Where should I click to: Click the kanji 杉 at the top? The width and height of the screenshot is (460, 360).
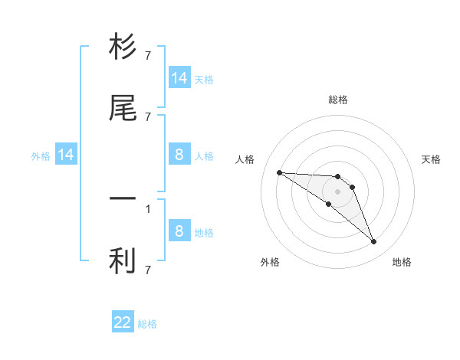click(x=123, y=47)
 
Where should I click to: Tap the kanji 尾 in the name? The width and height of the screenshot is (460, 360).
click(x=123, y=109)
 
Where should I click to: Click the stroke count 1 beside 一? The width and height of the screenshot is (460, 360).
click(x=148, y=208)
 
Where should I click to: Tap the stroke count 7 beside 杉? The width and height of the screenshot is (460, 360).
click(x=148, y=55)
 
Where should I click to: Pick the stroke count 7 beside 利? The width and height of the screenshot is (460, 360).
click(x=148, y=270)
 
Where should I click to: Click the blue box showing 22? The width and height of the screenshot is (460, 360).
click(x=123, y=322)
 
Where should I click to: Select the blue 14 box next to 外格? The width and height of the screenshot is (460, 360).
click(x=66, y=155)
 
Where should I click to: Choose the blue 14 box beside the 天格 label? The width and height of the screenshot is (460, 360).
click(x=179, y=78)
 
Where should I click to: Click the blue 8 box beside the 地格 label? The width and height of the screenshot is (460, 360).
click(x=179, y=231)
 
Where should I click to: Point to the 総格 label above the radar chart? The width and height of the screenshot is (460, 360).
click(x=338, y=100)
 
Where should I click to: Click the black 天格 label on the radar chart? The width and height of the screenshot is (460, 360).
click(x=432, y=159)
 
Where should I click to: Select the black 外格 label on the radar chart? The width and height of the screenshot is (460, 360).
click(x=270, y=263)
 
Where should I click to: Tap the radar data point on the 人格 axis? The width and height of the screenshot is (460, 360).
click(x=279, y=172)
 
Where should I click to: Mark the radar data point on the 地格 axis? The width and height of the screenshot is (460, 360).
click(x=373, y=242)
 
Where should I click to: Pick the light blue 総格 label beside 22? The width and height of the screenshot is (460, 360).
click(x=147, y=324)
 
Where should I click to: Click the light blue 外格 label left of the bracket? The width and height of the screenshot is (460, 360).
click(x=41, y=156)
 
